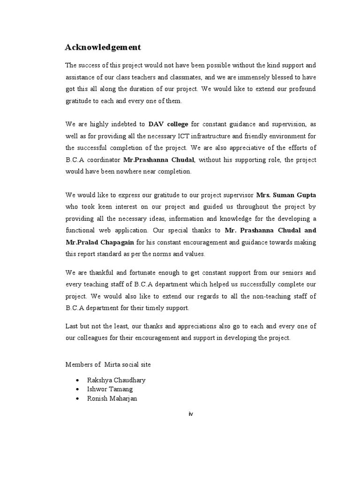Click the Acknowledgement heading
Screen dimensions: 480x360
[103, 48]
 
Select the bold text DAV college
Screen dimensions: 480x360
[168, 124]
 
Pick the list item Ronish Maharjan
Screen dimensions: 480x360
[115, 398]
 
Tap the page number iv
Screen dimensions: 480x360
[190, 414]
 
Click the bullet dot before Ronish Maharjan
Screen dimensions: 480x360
[77, 399]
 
